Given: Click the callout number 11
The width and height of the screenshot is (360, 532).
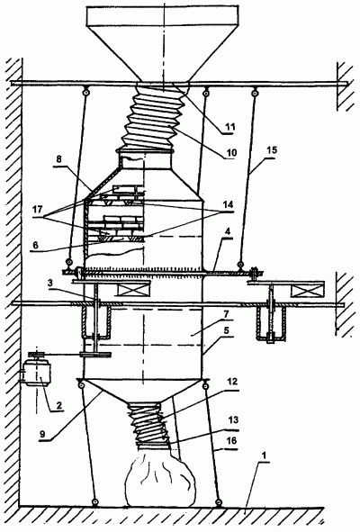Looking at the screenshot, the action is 230,127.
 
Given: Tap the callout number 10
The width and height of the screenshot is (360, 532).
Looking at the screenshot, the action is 231,153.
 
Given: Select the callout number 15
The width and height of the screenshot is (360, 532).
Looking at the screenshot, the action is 272,149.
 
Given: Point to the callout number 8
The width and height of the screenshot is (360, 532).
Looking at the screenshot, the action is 59,160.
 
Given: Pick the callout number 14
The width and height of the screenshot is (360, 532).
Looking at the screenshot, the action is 228,204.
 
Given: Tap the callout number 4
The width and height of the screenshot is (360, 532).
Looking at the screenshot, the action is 228,232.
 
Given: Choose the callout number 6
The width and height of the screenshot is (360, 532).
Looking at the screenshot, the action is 36,246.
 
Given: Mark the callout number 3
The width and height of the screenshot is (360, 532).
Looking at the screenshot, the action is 50,284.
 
